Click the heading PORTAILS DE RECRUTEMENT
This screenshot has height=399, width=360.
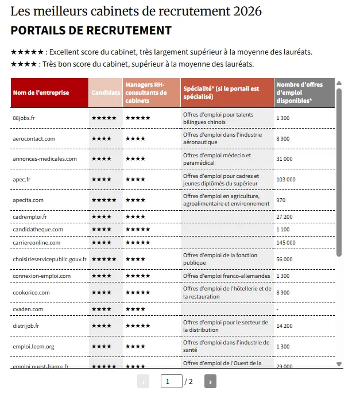point(91,30)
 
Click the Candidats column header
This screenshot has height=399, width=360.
point(106,92)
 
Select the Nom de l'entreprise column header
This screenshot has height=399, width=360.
point(41,92)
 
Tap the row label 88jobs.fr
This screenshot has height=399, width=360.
point(24,118)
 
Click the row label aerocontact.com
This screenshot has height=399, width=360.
point(34,138)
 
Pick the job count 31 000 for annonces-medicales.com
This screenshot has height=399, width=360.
point(284,159)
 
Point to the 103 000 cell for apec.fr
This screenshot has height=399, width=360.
point(286,180)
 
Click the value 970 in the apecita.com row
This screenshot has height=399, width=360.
point(281,200)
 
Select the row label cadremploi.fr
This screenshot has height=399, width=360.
point(30,217)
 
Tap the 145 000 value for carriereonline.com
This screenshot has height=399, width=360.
point(286,243)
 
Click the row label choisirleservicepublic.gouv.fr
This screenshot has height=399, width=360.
point(49,259)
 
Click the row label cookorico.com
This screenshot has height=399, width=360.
point(31,293)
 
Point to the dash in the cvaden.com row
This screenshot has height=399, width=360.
point(277,309)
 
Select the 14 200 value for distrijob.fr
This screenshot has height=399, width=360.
point(284,326)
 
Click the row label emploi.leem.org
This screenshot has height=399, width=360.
point(33,347)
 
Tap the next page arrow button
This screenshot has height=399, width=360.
point(210,382)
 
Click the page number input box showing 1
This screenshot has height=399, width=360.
point(171,382)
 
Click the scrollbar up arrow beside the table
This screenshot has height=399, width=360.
point(339,83)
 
